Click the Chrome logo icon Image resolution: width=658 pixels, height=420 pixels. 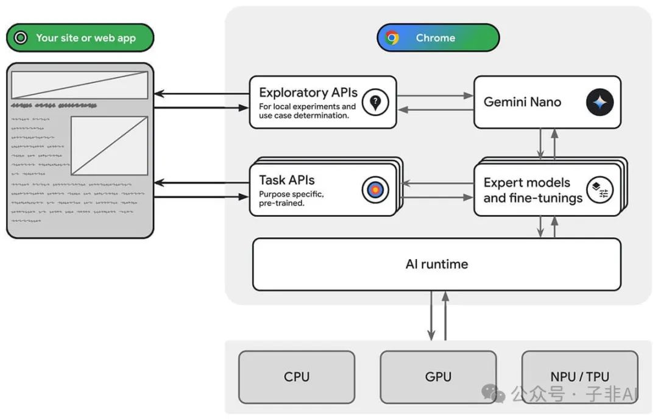tap(392, 38)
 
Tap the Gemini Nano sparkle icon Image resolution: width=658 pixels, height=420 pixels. tap(600, 102)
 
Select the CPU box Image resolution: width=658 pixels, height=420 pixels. tap(297, 377)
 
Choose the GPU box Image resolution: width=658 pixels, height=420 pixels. tap(438, 377)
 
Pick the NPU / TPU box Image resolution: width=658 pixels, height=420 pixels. tap(579, 377)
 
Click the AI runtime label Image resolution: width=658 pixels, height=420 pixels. tap(436, 264)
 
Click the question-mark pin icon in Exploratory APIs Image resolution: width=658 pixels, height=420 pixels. tap(375, 102)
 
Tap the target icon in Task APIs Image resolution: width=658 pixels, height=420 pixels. tap(375, 190)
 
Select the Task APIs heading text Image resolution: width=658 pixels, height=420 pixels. tap(286, 180)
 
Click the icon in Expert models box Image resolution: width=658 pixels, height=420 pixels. tap(600, 190)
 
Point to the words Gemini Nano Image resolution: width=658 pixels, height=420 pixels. tap(522, 102)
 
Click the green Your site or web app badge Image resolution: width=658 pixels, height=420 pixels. tap(80, 38)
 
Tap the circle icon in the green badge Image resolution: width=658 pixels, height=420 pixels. tap(21, 38)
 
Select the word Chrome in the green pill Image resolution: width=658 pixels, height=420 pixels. tap(435, 38)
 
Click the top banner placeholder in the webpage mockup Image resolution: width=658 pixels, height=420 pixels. tap(80, 85)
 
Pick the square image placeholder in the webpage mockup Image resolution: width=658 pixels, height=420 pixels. tap(110, 146)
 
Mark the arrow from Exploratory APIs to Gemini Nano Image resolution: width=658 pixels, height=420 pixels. tap(435, 96)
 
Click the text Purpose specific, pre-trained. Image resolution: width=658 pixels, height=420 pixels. tap(291, 199)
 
